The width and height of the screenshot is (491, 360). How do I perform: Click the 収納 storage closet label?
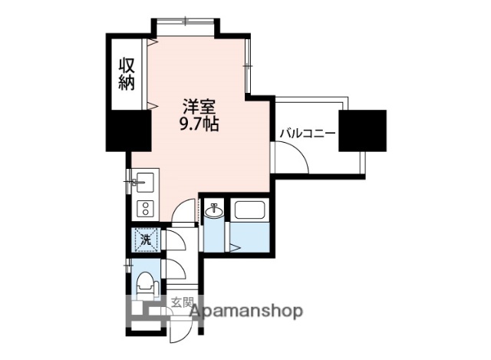[x=127, y=74]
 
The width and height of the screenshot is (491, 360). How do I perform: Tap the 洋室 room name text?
[x=198, y=107]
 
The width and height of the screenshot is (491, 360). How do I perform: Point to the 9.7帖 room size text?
[x=199, y=124]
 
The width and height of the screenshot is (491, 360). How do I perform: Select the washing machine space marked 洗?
[x=145, y=239]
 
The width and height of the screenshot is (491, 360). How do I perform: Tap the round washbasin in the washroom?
[x=214, y=211]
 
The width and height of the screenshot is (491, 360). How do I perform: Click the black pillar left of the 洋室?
[x=127, y=130]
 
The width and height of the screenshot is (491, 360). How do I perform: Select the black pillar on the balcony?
[x=363, y=130]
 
